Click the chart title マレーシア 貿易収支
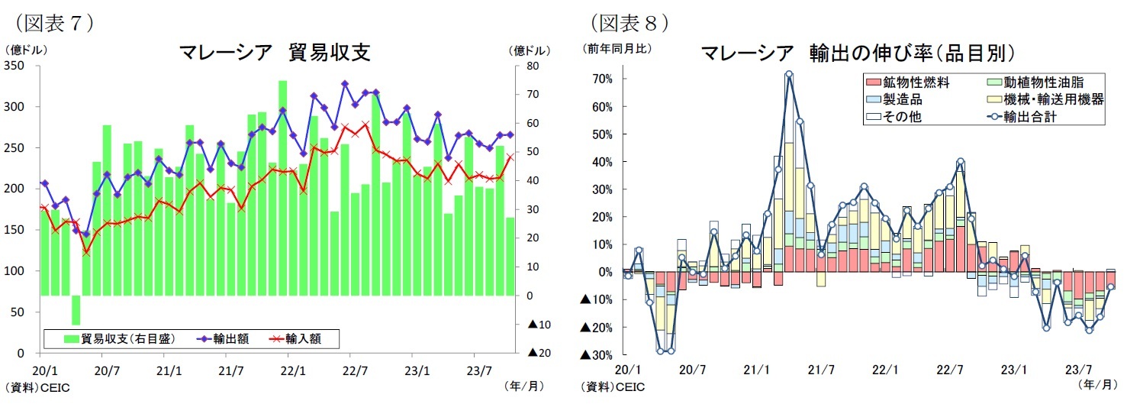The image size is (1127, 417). tap(275, 53)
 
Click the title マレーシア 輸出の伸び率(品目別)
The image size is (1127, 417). tap(858, 53)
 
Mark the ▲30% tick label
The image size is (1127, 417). tap(598, 355)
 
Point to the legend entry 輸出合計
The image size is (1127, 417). tap(1030, 117)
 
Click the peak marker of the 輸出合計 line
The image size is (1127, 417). tap(788, 75)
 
